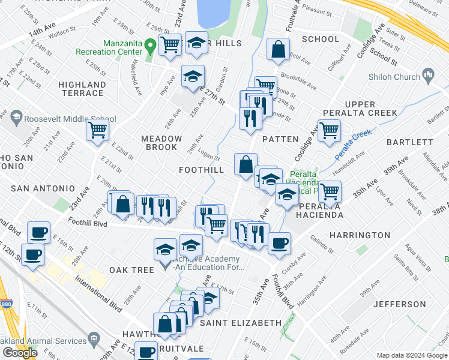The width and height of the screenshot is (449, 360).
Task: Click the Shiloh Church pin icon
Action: [428, 75]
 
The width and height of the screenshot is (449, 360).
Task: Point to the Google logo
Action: [20, 353]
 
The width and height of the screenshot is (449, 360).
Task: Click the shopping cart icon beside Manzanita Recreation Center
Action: [170, 44]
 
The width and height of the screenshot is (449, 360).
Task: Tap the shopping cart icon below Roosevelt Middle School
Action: [97, 129]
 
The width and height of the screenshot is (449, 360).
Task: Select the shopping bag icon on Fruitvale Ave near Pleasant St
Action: [278, 50]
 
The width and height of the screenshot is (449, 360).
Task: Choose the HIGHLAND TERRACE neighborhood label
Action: [81, 89]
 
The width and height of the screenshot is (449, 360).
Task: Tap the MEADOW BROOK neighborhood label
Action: [161, 143]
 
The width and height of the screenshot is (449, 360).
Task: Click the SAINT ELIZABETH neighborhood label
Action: [240, 323]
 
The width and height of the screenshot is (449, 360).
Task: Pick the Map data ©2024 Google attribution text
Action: [412, 355]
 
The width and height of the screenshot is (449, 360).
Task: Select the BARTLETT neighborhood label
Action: [410, 142]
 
